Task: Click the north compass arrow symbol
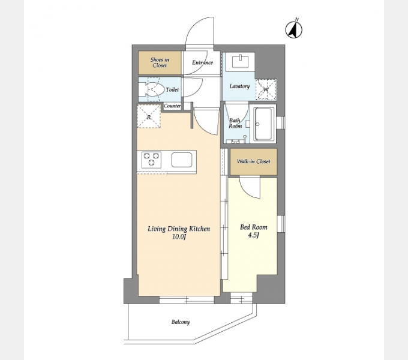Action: point(294,30)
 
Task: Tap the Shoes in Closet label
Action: point(160,62)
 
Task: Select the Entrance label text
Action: point(202,62)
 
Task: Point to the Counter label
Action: point(172,106)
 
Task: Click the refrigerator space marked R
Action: point(149,116)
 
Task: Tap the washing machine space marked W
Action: point(266,90)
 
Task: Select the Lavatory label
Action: point(239,86)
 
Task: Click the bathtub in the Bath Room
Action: point(265,124)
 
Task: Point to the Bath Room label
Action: point(235,123)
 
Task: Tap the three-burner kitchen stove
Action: point(151,159)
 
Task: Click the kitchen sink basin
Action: point(182,160)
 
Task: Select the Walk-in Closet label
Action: point(253,161)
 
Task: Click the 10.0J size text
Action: point(179,237)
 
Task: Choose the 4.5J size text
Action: point(253,235)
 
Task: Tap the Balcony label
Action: point(181,322)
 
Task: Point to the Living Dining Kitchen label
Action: point(179,229)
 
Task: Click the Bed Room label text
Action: point(253,227)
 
